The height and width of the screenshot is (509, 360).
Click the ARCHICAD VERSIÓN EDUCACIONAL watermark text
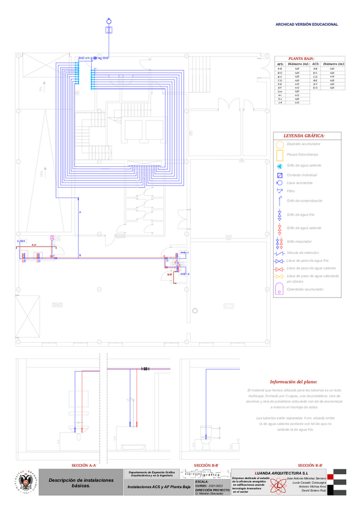(x=306, y=25)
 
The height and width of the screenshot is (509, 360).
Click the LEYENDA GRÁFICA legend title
(x=304, y=136)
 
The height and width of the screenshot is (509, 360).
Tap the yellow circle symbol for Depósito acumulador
(x=280, y=145)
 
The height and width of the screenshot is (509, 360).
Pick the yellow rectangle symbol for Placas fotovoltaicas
(x=280, y=155)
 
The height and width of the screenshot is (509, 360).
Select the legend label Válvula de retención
(x=305, y=253)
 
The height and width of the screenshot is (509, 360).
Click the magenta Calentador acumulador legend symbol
(x=280, y=289)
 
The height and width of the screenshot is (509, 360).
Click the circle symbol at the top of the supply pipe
(x=109, y=20)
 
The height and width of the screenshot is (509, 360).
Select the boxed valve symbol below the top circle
(x=109, y=29)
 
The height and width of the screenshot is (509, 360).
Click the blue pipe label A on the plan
(x=79, y=213)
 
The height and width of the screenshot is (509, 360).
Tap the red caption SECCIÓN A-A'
(x=84, y=466)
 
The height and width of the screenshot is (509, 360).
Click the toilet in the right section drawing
(x=208, y=433)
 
